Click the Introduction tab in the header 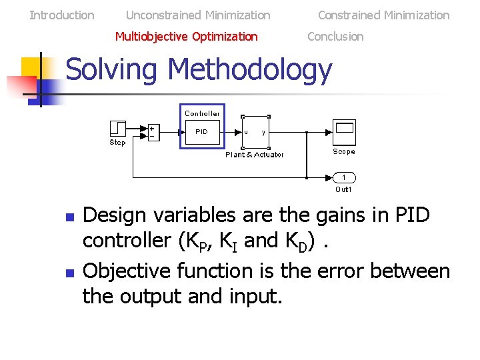click(x=62, y=15)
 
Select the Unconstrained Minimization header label click(x=198, y=15)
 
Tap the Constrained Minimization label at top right click(x=383, y=15)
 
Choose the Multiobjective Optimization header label click(x=186, y=36)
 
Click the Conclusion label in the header click(x=335, y=36)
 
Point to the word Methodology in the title click(x=249, y=71)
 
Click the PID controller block click(x=201, y=132)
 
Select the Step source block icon click(x=117, y=128)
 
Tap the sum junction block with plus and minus click(x=153, y=131)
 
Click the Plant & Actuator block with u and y click(x=255, y=132)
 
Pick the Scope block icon click(x=344, y=132)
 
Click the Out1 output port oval click(x=344, y=177)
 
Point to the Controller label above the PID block click(x=202, y=113)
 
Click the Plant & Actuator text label click(x=255, y=155)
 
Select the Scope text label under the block click(x=344, y=151)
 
